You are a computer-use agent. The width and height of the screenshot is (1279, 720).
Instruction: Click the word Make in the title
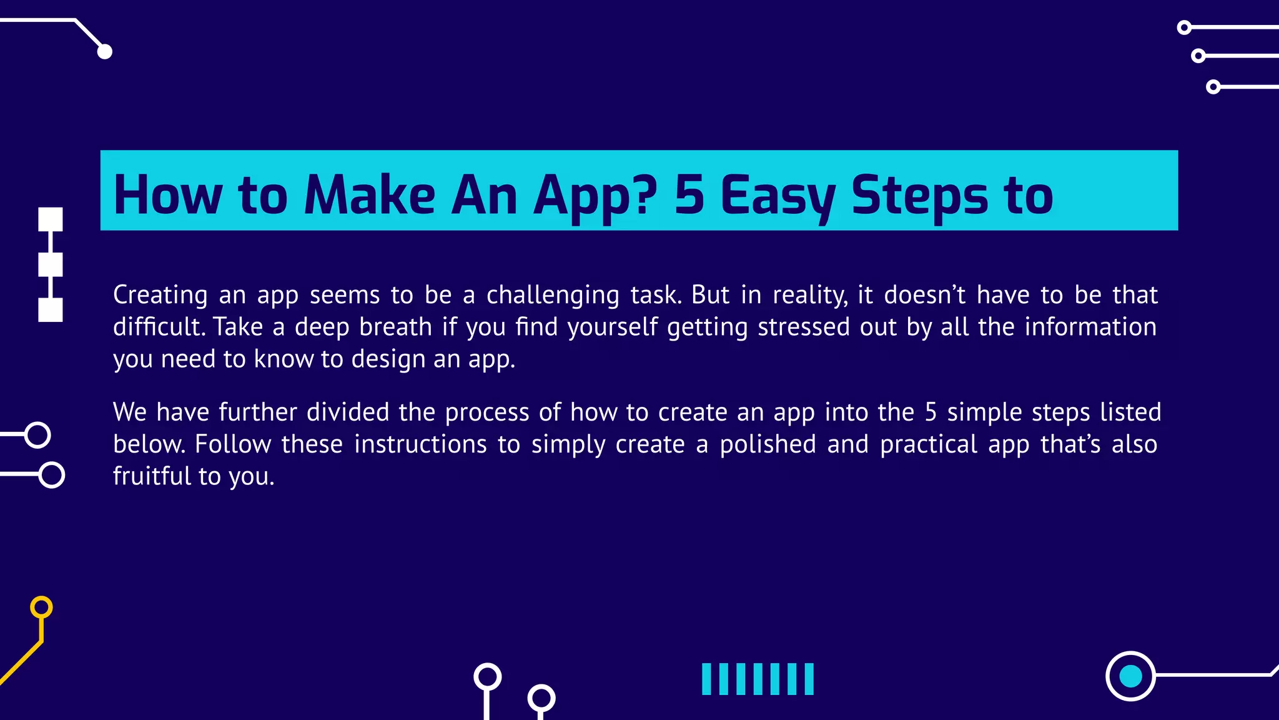[369, 195]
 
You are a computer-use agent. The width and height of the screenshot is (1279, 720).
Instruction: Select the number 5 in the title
[689, 195]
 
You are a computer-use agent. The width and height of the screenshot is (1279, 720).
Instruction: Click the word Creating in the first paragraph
[160, 295]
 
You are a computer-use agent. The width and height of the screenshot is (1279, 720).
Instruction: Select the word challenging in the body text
[553, 295]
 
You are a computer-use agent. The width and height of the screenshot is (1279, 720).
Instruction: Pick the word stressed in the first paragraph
[803, 327]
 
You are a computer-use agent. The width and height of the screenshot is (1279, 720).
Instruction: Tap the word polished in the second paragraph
[768, 444]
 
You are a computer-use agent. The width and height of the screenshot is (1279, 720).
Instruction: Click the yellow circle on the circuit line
[41, 607]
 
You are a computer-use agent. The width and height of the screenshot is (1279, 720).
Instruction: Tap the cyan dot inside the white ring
[1130, 676]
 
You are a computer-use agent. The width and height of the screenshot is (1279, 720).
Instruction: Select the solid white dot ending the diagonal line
[105, 51]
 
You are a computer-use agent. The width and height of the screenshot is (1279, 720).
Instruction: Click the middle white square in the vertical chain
[51, 264]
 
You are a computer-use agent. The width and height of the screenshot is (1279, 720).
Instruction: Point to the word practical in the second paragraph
[929, 444]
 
